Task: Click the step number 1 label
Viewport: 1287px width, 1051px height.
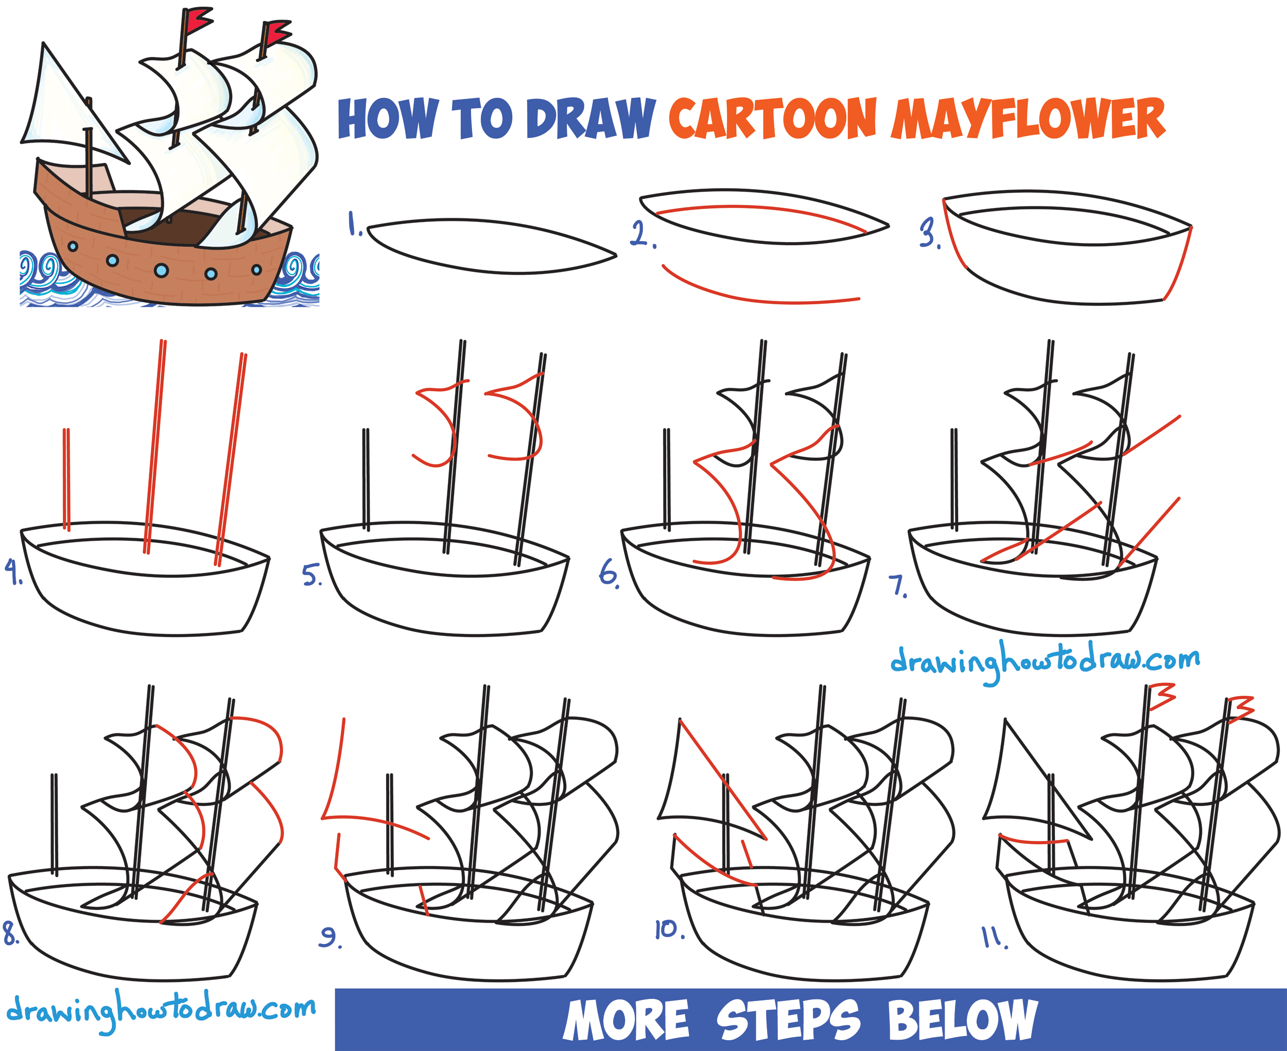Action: click(x=355, y=224)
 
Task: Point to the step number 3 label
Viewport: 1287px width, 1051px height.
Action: click(x=929, y=234)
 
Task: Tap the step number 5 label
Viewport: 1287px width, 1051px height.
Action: click(x=311, y=575)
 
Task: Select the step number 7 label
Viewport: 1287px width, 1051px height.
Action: click(x=897, y=586)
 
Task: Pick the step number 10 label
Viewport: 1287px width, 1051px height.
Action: click(x=669, y=929)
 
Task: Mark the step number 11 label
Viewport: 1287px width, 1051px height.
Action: click(x=994, y=939)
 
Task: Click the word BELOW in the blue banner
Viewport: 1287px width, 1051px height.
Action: click(x=962, y=1020)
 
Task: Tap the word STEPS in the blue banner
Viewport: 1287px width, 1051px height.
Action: click(x=788, y=1020)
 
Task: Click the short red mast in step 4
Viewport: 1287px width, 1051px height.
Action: click(x=66, y=478)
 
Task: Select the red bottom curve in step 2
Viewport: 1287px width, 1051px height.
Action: click(x=756, y=295)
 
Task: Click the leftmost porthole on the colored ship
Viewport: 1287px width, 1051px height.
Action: click(x=73, y=247)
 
